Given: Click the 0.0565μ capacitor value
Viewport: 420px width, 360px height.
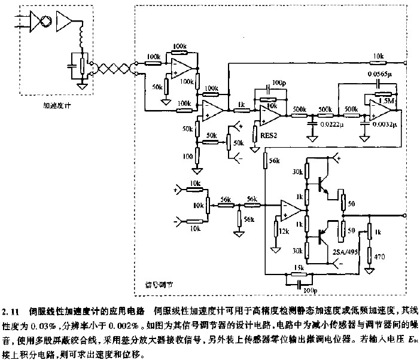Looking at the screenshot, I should click(379, 74).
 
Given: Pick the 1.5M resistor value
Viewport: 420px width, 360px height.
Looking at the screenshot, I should click(385, 102).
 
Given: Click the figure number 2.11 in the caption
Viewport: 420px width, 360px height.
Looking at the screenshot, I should click(12, 311).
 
